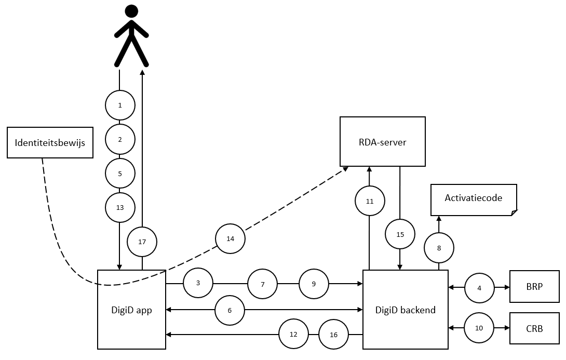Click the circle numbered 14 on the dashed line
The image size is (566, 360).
(x=231, y=238)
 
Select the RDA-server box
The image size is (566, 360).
(x=383, y=141)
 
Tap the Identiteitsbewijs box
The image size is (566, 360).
(x=50, y=143)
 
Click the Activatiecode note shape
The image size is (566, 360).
(x=474, y=200)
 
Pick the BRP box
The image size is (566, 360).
(x=535, y=286)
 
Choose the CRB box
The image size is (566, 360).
(x=535, y=329)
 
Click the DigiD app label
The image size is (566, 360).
(x=131, y=310)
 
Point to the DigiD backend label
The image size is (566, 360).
(x=406, y=310)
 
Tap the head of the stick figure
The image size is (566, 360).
(x=131, y=11)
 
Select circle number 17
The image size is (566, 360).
(x=142, y=242)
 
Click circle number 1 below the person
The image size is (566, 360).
(x=120, y=105)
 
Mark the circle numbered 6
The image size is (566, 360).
(x=230, y=310)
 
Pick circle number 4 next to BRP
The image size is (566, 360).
(x=479, y=288)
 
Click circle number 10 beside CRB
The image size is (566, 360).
(x=479, y=328)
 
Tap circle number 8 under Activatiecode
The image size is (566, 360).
(x=439, y=248)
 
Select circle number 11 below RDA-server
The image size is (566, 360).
(x=370, y=201)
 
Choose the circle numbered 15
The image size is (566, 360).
(x=400, y=234)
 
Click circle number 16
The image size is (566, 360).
(x=333, y=335)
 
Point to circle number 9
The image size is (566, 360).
(x=314, y=284)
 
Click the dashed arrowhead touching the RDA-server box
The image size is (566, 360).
(x=345, y=169)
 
